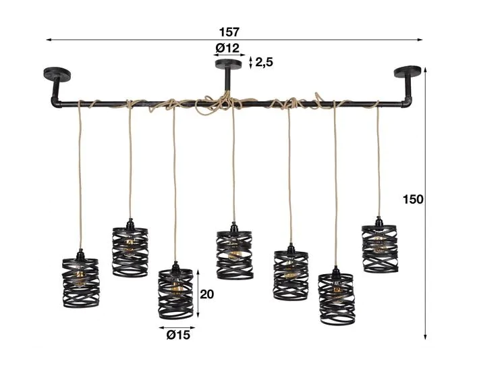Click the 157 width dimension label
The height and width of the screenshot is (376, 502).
(x=229, y=32)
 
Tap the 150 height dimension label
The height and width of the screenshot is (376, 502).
(x=413, y=200)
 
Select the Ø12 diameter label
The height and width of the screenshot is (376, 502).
(x=227, y=48)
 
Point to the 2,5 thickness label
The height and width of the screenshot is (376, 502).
(x=264, y=62)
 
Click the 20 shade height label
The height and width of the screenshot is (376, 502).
(x=207, y=294)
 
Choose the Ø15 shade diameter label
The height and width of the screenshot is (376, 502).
(x=178, y=335)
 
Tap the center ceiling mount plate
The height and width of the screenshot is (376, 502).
(x=229, y=63)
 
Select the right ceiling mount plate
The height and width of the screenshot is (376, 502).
(x=408, y=72)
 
